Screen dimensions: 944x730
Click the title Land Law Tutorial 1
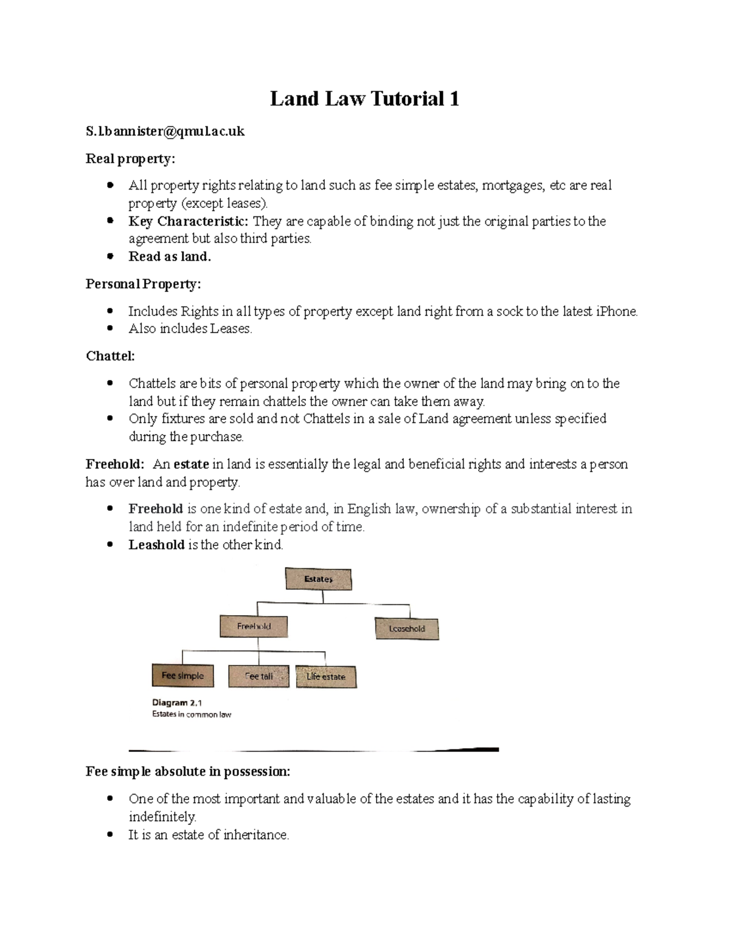[364, 98]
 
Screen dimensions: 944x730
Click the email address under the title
[165, 131]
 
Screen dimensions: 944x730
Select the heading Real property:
[130, 159]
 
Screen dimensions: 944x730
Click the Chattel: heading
[110, 356]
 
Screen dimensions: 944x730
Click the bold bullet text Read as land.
[170, 257]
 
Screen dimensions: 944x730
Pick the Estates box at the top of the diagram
[318, 579]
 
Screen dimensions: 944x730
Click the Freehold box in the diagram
[254, 627]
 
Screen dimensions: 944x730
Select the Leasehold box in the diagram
[406, 629]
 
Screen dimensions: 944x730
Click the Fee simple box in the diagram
[182, 676]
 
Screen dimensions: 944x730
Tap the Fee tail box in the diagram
[259, 676]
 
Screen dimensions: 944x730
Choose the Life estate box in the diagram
[326, 677]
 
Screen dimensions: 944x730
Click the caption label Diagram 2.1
[178, 703]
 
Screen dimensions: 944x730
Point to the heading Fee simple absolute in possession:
[188, 771]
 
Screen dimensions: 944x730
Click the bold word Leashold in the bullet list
[156, 545]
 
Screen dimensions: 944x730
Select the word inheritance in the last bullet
[255, 835]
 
